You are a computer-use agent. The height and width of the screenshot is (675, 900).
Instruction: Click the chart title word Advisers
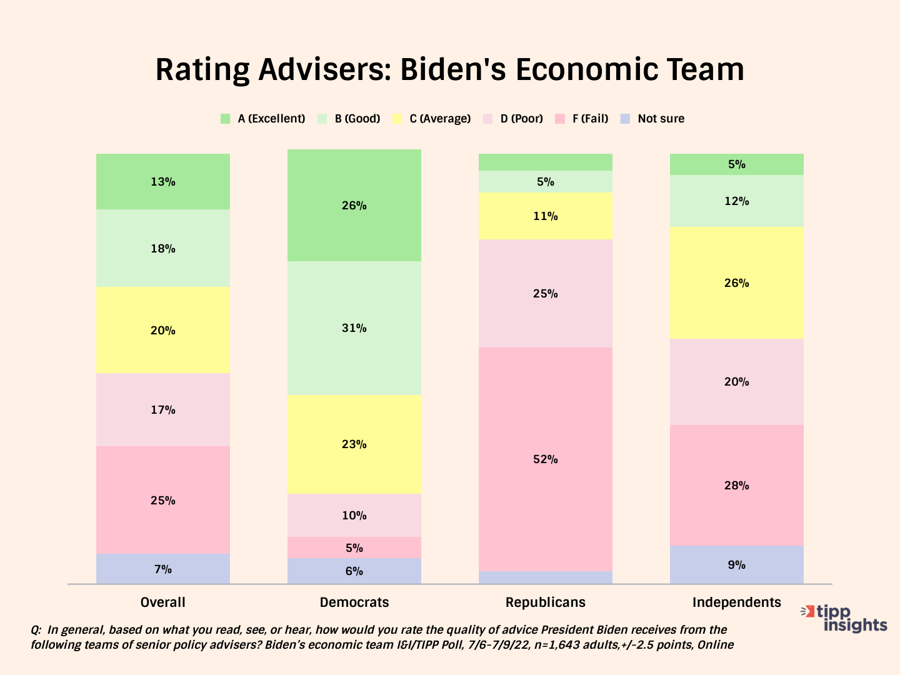[323, 70]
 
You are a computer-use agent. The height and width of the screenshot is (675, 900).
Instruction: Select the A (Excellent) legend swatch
[226, 119]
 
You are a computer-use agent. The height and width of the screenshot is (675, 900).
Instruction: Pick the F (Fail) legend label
[590, 119]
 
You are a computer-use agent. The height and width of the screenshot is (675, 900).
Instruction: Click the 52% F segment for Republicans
[545, 459]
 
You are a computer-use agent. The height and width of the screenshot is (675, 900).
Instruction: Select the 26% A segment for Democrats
[354, 206]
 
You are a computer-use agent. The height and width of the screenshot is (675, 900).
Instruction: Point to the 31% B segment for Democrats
[354, 328]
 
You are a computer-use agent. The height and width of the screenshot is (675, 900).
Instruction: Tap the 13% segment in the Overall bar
[162, 182]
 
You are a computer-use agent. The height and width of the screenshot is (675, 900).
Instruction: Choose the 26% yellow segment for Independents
[736, 283]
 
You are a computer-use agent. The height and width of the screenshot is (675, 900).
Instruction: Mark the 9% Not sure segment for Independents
[736, 565]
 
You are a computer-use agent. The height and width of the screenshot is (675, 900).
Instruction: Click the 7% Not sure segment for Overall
[162, 569]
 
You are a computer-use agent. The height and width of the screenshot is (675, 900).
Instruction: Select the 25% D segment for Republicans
[545, 294]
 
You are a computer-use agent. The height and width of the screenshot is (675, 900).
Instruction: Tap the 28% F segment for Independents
[736, 486]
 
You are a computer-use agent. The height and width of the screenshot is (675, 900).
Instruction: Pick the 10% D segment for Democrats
[354, 516]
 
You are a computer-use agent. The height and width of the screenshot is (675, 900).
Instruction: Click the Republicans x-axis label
[545, 602]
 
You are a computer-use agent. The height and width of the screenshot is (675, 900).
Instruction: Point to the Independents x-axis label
[736, 602]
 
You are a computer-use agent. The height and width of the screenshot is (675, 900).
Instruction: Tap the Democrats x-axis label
[354, 602]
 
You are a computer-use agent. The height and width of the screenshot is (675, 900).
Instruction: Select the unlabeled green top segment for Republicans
[545, 162]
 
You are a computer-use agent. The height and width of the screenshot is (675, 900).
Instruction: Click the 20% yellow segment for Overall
[162, 331]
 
